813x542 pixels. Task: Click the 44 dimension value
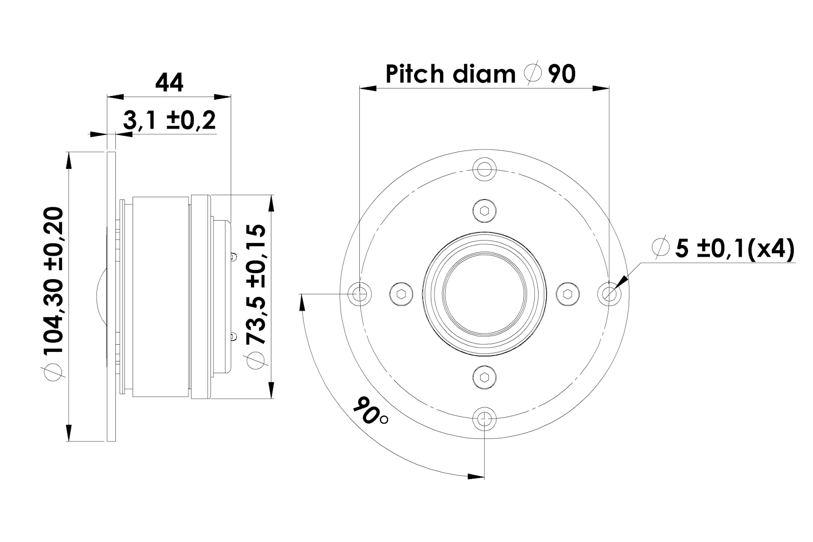point(169,82)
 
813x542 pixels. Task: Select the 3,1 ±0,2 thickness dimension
point(170,121)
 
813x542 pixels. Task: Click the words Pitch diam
point(450,74)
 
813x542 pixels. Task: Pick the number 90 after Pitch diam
point(562,74)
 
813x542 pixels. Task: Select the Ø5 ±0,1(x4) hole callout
point(724,249)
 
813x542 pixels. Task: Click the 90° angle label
point(370,410)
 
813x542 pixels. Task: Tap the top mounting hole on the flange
point(485,168)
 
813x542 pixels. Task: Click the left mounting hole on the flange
point(360,293)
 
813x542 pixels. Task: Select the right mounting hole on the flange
point(609,293)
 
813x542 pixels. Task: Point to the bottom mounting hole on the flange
point(485,418)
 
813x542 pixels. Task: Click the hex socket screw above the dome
point(485,210)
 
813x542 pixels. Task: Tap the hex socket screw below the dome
point(485,377)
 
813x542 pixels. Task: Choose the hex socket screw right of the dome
point(568,293)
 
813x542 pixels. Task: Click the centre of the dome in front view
point(485,293)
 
